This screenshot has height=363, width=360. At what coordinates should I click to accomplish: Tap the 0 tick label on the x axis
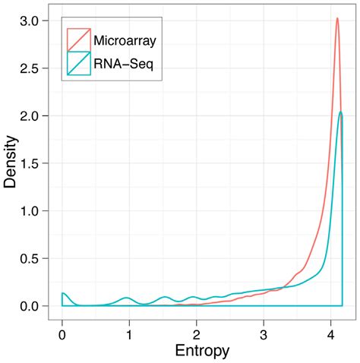62,334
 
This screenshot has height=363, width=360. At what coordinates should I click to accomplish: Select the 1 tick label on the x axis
129,334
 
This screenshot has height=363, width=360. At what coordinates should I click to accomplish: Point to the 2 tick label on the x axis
197,334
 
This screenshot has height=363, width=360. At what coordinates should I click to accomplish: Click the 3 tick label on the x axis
264,334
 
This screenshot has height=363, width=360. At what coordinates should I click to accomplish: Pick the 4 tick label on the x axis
330,334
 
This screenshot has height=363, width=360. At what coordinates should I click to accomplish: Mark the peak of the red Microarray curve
337,18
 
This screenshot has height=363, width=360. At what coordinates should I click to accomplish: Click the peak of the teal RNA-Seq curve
341,112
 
